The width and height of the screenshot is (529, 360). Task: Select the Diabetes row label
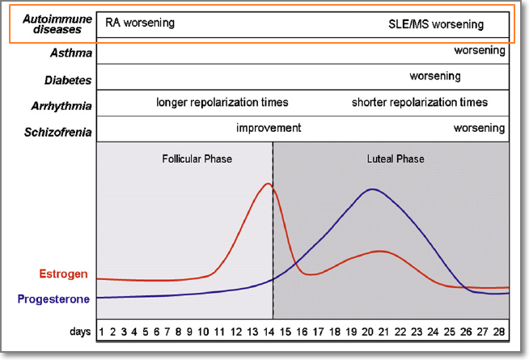pos(67,80)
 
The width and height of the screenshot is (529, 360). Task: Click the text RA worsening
pos(140,23)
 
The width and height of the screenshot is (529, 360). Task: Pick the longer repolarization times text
pos(222,103)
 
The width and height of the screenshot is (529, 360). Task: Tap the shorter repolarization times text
pos(419,103)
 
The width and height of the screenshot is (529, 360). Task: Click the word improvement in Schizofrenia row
pos(269,128)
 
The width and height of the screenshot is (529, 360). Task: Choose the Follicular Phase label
pos(197,159)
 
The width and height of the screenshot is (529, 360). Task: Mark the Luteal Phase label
pos(390,159)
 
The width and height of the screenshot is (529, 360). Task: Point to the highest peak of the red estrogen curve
pos(269,184)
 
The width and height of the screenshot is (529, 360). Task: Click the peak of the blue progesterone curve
pos(372,189)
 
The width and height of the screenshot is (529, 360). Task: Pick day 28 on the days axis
pos(500,332)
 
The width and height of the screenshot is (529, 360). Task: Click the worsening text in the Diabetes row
pos(434,77)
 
